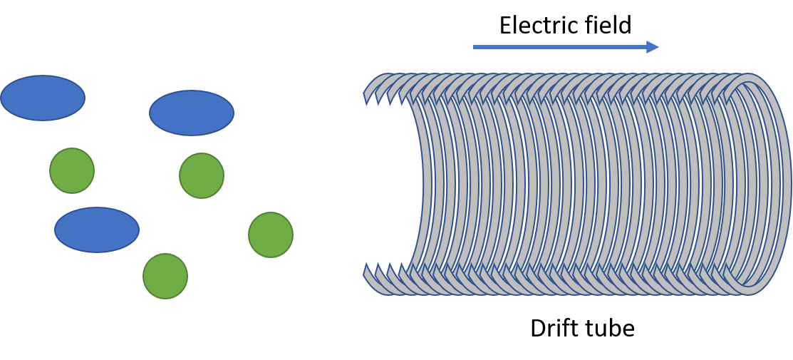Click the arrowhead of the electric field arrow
pos(653,47)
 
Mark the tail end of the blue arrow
pos(473,47)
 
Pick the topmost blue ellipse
pos(43,98)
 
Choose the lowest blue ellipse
pos(97,230)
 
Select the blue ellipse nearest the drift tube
pos(192,113)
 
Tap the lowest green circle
pos(165,276)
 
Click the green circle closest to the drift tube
pos(271,235)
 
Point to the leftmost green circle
pos(72,170)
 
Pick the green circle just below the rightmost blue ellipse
pos(202,175)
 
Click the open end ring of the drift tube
pos(787,185)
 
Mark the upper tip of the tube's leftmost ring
pos(365,93)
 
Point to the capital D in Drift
pos(537,329)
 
